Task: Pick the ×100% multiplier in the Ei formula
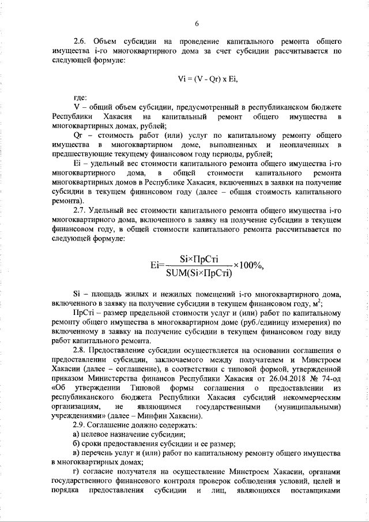tap(248, 266)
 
